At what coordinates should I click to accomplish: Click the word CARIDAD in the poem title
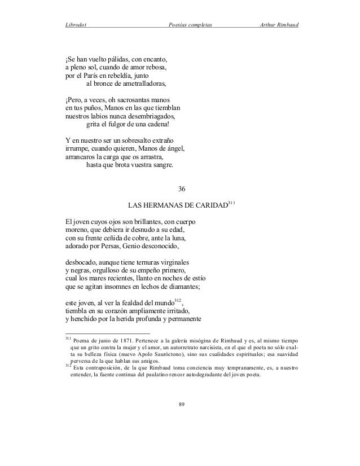click(x=209, y=204)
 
